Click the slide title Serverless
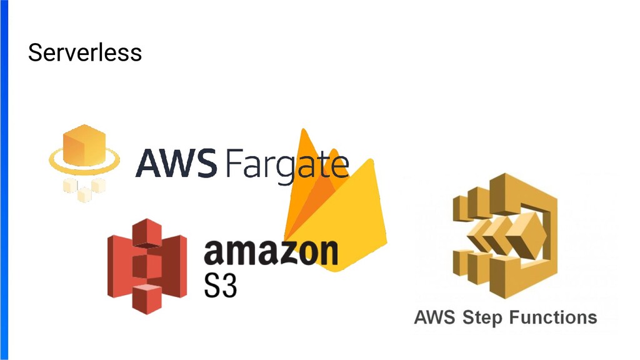coord(85,52)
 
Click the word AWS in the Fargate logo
coord(176,164)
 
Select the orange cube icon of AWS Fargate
coord(82,144)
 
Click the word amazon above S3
coord(271,251)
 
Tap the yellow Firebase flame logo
coord(334,206)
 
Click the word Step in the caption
coord(482,317)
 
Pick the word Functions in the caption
coord(552,317)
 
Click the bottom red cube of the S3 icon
coord(147,298)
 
